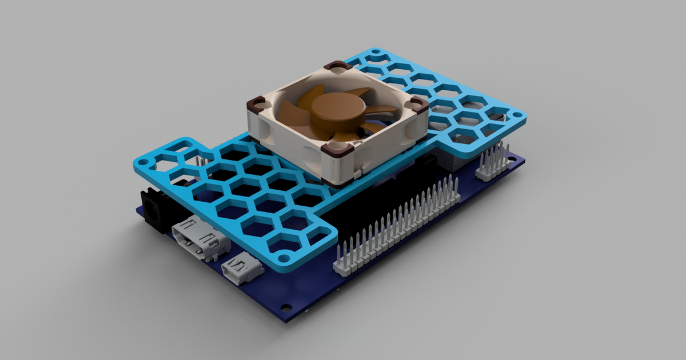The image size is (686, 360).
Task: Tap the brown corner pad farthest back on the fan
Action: [x=337, y=67]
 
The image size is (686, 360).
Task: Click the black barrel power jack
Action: [x=151, y=209]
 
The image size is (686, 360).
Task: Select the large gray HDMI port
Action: [x=201, y=238]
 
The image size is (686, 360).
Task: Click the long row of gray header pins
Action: [x=400, y=223]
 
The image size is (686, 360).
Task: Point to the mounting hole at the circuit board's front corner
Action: [x=285, y=306]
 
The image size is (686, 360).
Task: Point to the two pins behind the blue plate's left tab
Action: [x=202, y=162]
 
